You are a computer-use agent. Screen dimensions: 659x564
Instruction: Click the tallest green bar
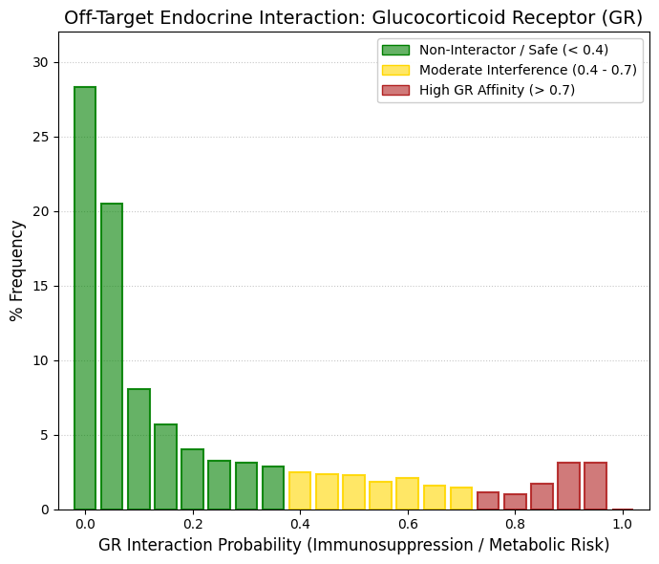(85, 298)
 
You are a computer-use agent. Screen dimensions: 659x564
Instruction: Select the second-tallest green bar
(112, 357)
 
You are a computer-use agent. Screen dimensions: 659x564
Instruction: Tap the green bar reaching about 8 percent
(138, 449)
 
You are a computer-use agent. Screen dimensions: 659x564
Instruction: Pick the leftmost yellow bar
(300, 490)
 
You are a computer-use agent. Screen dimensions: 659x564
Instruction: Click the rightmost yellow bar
(461, 498)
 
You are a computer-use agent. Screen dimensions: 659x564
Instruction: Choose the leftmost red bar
(488, 501)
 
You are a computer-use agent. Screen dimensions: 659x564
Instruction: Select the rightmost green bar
(273, 488)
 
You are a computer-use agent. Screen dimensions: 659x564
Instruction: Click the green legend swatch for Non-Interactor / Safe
(395, 50)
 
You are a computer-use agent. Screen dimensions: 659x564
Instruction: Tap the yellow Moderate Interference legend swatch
(395, 70)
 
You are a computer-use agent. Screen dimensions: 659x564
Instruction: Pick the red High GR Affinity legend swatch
(395, 90)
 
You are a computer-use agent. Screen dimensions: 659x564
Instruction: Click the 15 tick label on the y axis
(41, 287)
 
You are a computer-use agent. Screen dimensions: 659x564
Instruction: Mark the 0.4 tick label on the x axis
(300, 524)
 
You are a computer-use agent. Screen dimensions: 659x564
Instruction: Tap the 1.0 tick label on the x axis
(622, 524)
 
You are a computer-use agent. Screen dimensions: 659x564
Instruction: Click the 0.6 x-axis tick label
(407, 524)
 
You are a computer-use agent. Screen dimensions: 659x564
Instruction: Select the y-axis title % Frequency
(17, 271)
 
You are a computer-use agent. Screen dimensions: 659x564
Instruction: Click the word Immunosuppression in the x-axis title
(393, 545)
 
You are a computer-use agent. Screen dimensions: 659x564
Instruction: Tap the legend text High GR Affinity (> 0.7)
(497, 90)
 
